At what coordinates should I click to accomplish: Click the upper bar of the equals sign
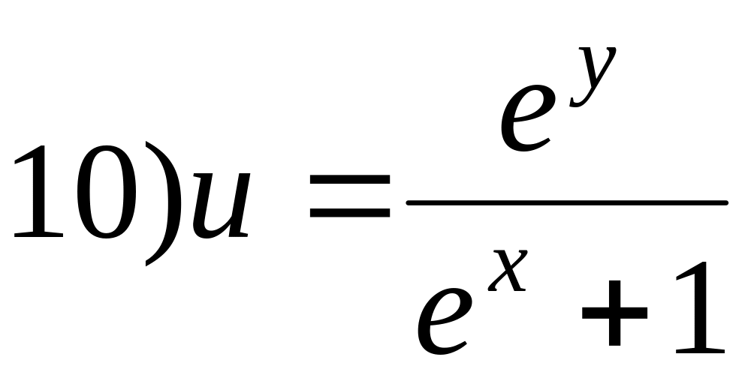pos(350,182)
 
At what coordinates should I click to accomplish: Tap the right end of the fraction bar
pos(725,202)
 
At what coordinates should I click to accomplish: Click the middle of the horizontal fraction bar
pos(567,202)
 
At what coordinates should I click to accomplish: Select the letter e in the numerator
pos(529,120)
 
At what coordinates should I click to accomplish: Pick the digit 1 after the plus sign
pos(695,307)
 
